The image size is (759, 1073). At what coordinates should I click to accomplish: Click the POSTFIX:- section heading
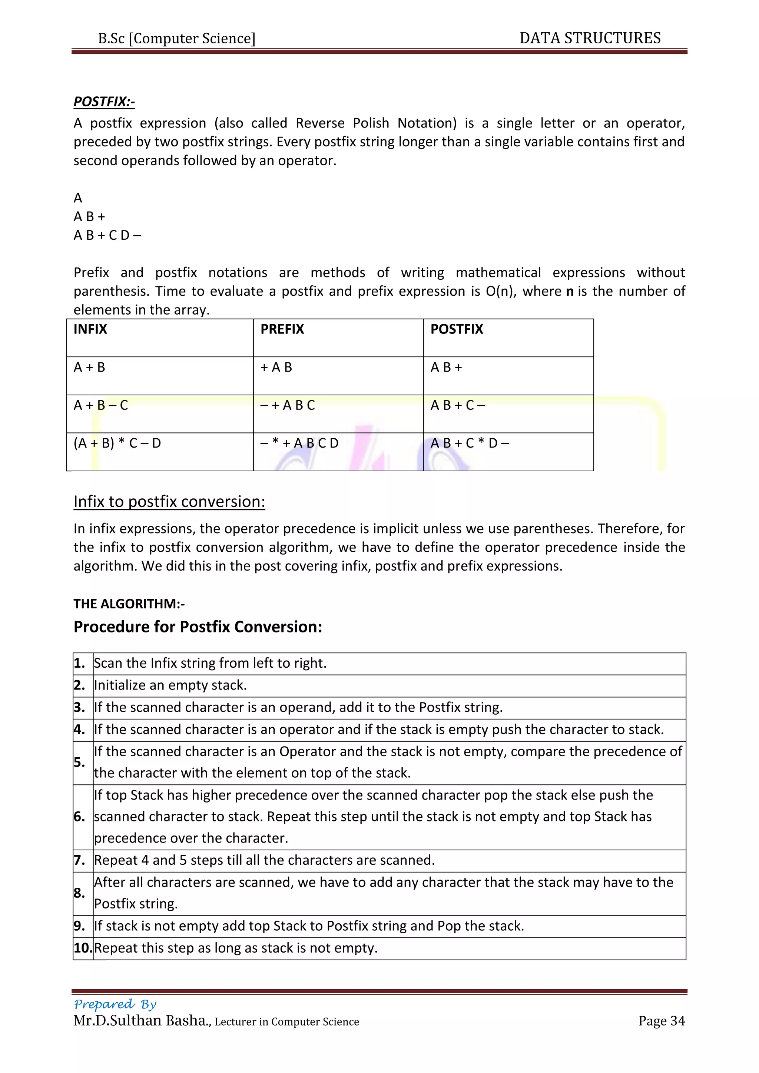click(104, 102)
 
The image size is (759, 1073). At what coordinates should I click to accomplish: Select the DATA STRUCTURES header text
click(590, 38)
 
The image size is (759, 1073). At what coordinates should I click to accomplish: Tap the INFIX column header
click(90, 329)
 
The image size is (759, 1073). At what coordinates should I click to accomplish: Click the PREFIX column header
click(282, 329)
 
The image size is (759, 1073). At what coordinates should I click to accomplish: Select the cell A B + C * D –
click(469, 443)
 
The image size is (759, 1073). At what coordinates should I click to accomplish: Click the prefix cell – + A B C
click(288, 405)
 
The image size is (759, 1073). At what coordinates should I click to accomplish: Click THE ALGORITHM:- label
click(129, 604)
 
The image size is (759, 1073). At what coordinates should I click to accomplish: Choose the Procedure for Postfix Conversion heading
click(198, 627)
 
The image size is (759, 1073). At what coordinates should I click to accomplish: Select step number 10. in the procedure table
click(83, 948)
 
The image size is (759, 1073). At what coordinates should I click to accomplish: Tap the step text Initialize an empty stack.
click(170, 685)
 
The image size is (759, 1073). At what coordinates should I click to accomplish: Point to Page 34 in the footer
click(661, 1021)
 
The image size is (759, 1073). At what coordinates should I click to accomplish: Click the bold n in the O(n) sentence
click(569, 292)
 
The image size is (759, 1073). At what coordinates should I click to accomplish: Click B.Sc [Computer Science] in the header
click(177, 38)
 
